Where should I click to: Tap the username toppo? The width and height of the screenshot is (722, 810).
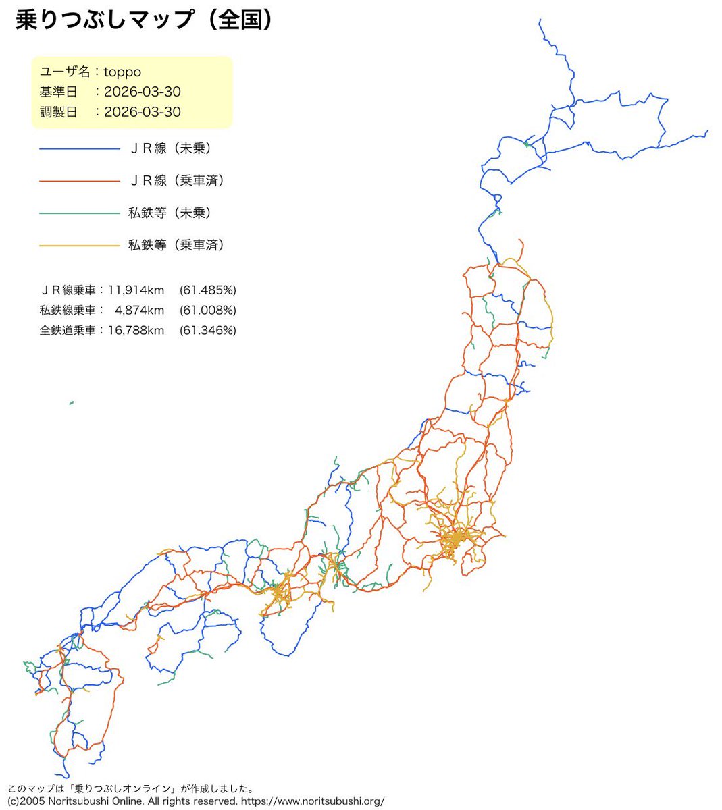122,72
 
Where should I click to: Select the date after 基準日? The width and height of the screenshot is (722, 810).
143,92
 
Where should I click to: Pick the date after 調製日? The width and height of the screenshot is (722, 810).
143,112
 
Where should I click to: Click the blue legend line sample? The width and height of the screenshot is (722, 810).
79,149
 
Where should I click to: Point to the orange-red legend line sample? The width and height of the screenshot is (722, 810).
79,181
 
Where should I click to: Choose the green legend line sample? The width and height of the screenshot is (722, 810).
79,213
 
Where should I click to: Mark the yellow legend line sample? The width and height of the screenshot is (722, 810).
79,246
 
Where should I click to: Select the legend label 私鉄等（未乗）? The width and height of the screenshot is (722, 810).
170,213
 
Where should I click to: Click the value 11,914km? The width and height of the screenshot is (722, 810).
136,290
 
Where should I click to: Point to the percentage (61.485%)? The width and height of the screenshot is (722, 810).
208,290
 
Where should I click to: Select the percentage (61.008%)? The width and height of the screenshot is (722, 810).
208,310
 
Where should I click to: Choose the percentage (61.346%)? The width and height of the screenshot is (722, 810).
208,331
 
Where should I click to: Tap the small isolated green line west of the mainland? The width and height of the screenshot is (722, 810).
71,403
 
